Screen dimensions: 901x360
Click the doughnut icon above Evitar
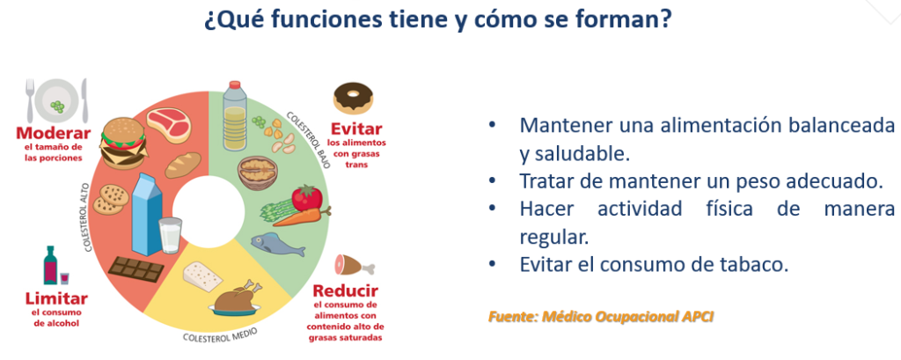(x=353, y=99)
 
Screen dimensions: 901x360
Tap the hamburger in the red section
(x=123, y=143)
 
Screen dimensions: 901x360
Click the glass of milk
(x=171, y=235)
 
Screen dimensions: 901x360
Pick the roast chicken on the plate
(x=234, y=299)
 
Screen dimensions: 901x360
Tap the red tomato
(x=306, y=198)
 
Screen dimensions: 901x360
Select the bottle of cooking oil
(x=234, y=115)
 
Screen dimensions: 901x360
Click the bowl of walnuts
(x=258, y=173)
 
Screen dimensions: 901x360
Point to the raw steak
(x=168, y=124)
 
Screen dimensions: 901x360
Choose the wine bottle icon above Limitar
(x=50, y=265)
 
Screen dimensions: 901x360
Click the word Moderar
(x=54, y=134)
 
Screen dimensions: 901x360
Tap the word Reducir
(x=345, y=290)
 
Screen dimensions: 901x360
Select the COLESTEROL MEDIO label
(x=220, y=334)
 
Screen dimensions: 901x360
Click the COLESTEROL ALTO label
(x=88, y=218)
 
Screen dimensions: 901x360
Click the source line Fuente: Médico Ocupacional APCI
(x=601, y=316)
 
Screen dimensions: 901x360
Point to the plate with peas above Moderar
(x=57, y=100)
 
